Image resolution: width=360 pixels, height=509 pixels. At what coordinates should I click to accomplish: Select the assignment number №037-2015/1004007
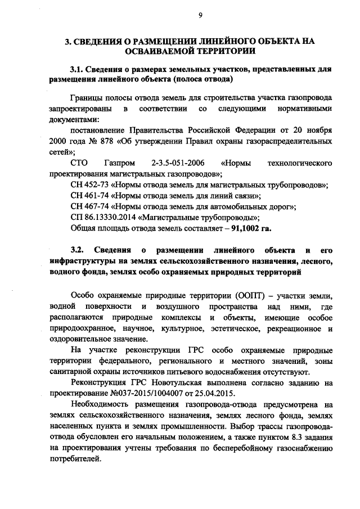pyautogui.click(x=154, y=393)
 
